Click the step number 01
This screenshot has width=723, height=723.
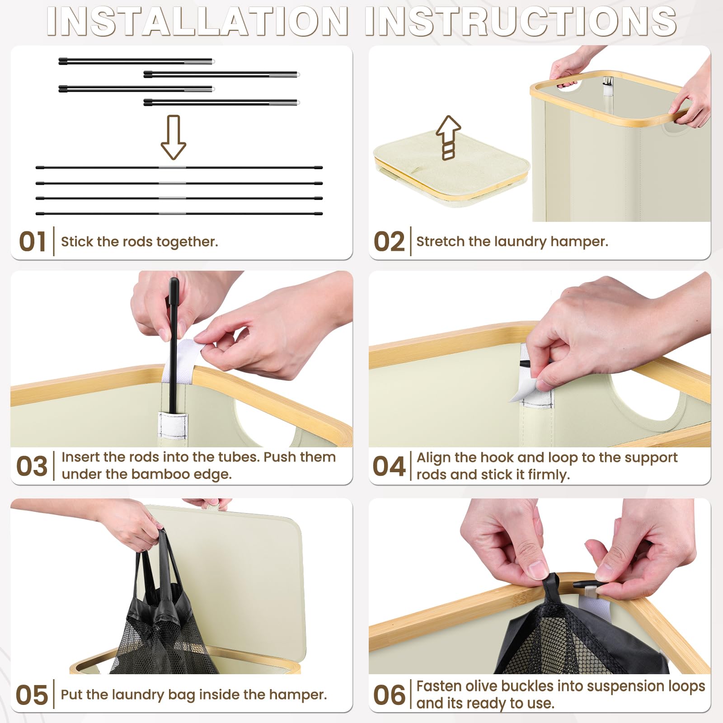pyautogui.click(x=33, y=242)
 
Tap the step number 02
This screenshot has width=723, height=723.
pyautogui.click(x=389, y=242)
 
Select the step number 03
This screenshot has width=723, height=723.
pyautogui.click(x=32, y=466)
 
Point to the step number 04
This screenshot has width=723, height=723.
pyautogui.click(x=389, y=466)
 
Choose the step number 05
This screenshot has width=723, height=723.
pyautogui.click(x=32, y=695)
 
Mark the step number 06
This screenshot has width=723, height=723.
pyautogui.click(x=389, y=695)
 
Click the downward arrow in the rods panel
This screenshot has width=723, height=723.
pyautogui.click(x=174, y=137)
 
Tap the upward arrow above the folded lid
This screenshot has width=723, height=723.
pyautogui.click(x=448, y=137)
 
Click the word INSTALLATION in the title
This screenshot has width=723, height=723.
pyautogui.click(x=198, y=21)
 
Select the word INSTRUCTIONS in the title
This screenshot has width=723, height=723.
pyautogui.click(x=521, y=21)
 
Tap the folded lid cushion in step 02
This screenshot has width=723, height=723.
pyautogui.click(x=451, y=172)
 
